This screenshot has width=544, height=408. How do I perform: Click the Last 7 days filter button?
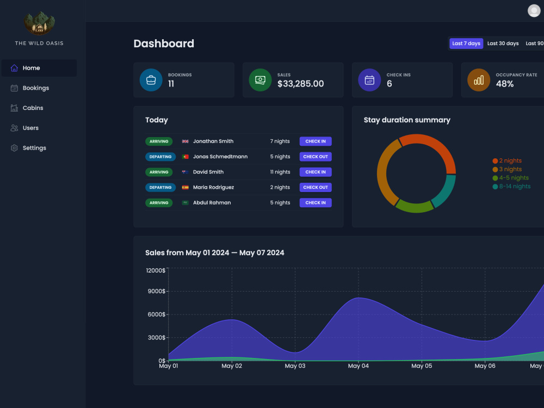466,44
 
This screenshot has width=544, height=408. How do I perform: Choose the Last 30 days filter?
503,44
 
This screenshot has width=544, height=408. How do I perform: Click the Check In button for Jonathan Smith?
316,141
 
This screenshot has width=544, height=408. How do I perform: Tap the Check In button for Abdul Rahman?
316,202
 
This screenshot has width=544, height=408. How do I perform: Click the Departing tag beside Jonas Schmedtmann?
160,157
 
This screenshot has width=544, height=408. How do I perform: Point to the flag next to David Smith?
186,172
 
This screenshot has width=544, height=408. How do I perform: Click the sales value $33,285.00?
300,84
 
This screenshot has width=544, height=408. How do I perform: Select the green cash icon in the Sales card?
260,80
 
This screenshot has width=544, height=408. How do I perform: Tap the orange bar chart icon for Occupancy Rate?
478,80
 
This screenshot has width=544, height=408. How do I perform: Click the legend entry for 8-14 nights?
511,186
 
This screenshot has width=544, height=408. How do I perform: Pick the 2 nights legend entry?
507,160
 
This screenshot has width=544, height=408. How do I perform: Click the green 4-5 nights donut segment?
415,206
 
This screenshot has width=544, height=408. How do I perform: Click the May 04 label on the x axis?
358,366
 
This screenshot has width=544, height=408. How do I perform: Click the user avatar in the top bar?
534,11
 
